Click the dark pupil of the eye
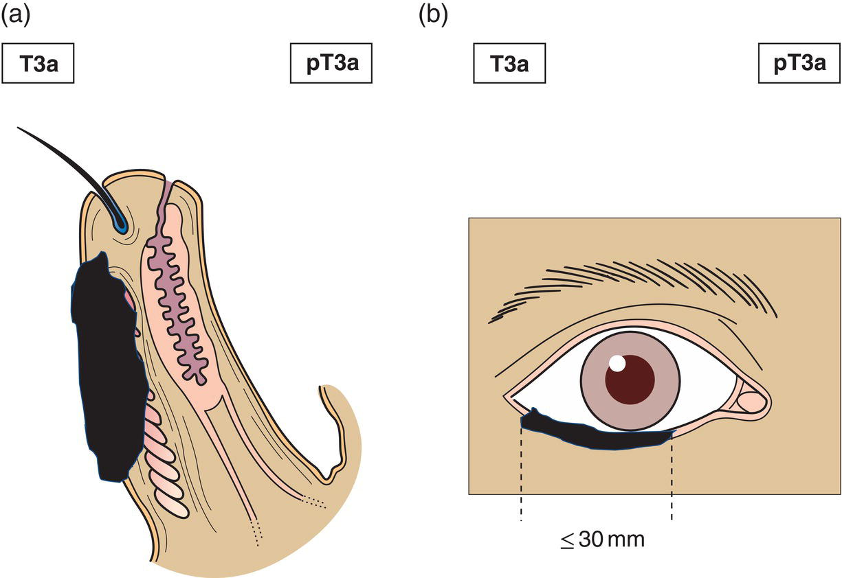click(x=629, y=380)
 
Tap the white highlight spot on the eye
click(x=617, y=363)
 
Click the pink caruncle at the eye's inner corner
click(x=751, y=401)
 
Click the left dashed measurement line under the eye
click(x=522, y=481)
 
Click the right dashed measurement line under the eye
click(x=672, y=481)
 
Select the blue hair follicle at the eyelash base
click(x=122, y=223)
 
